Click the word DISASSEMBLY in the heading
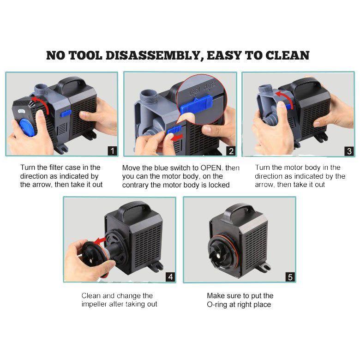153,56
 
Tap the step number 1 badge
112,151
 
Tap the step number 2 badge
231,151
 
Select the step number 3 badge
349,151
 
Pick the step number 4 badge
170,276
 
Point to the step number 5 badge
290,277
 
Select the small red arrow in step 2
177,138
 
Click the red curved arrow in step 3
286,96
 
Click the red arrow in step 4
100,241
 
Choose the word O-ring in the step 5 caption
217,305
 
